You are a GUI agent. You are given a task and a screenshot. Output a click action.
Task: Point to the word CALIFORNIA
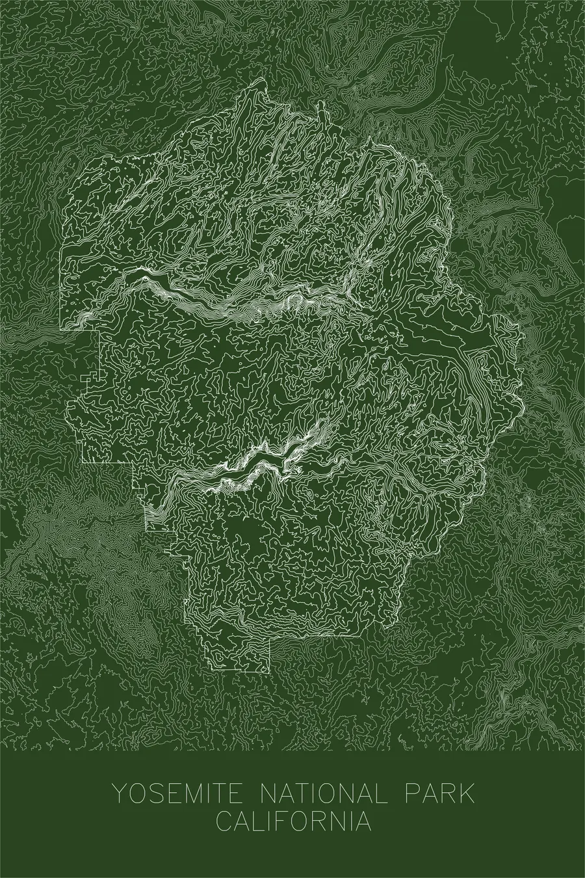point(294,820)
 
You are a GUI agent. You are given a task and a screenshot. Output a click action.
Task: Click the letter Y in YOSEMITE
point(120,795)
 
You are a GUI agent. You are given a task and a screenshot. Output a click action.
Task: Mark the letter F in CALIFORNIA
point(281,820)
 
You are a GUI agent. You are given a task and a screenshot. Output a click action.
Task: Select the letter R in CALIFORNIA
point(320,820)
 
